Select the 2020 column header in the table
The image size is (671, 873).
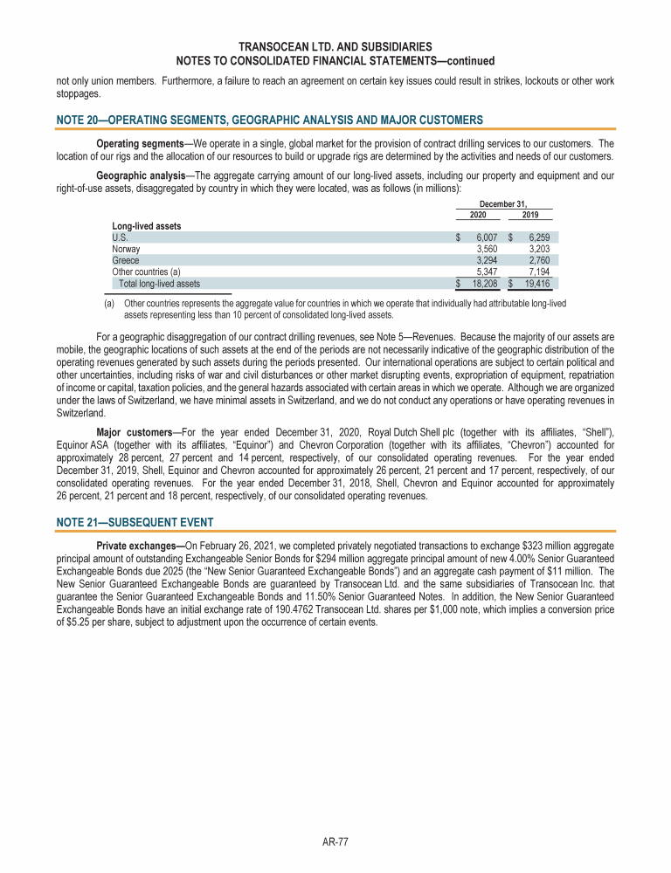[x=477, y=215]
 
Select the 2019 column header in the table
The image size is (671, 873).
[x=529, y=215]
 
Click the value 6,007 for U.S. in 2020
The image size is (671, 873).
[x=487, y=237]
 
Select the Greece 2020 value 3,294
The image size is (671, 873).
[x=487, y=259]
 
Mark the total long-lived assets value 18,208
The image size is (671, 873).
[x=484, y=283]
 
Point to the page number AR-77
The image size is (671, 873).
[x=335, y=842]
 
